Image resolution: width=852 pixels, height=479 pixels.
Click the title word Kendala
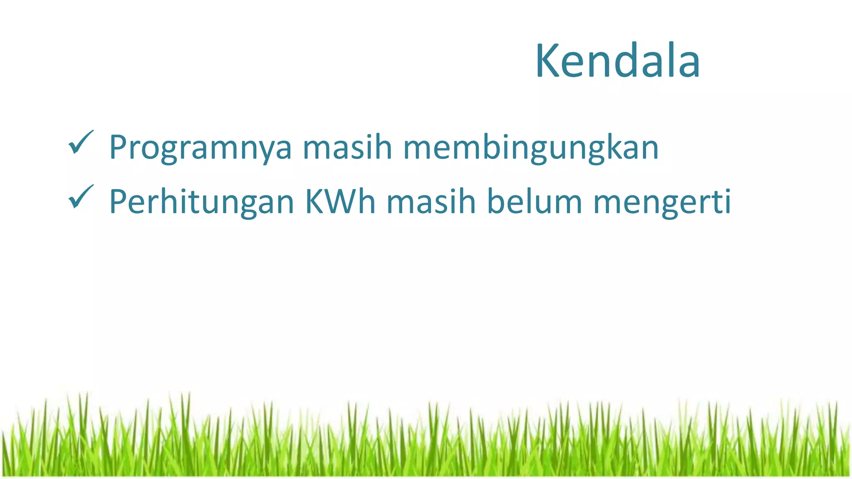click(617, 61)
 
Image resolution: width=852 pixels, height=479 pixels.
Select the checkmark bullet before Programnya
click(81, 142)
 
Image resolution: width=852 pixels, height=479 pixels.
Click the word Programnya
click(200, 148)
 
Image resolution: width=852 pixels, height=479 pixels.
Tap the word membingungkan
click(531, 148)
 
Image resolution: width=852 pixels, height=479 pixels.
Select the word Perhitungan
click(202, 202)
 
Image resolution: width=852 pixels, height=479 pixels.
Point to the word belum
click(534, 201)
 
